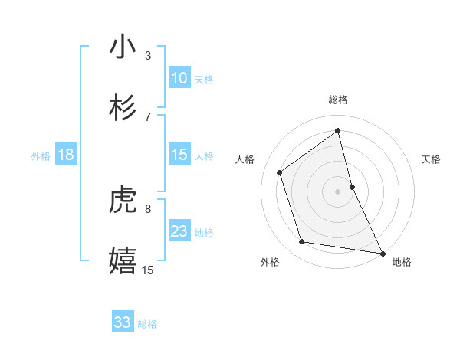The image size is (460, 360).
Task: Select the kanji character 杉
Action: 123,108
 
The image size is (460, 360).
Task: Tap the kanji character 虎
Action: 123,201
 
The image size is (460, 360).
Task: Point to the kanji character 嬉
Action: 123,261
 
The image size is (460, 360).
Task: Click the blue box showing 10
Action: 179,78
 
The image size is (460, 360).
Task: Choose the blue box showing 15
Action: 179,155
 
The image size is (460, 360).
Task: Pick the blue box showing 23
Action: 179,231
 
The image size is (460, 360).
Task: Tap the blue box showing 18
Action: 66,155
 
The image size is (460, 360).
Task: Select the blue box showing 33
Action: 123,322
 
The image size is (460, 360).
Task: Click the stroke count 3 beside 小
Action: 148,55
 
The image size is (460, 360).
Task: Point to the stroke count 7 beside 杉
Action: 148,116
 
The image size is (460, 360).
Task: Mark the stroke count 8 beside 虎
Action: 148,208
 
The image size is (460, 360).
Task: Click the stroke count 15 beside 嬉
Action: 148,270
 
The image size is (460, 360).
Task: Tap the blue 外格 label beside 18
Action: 41,156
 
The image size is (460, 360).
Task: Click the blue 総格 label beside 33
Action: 147,324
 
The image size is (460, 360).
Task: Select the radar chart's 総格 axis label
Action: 338,100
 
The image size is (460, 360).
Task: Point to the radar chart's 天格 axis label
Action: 431,159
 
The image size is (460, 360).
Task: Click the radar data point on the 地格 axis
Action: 382,252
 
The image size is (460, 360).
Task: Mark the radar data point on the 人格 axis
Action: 280,172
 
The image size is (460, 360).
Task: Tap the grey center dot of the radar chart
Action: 338,191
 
